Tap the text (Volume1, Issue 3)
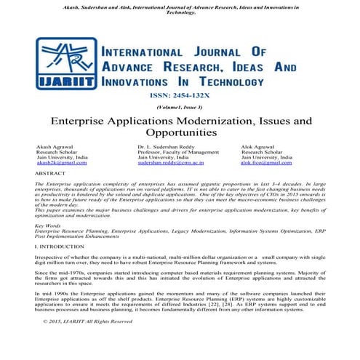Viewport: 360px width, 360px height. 180,106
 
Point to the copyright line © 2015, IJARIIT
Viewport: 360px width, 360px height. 88,341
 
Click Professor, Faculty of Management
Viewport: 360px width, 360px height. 177,152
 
